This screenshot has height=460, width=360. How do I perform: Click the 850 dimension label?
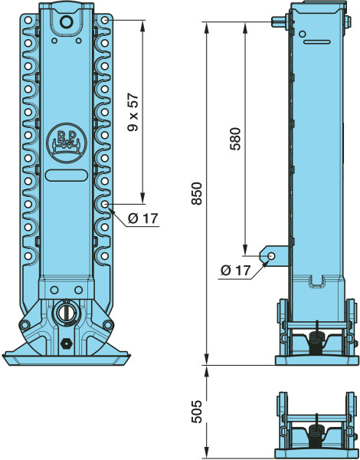197,193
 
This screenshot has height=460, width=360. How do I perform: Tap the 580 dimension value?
235,139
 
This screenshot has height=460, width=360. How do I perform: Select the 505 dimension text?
197,411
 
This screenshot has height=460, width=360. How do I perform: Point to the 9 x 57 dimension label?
133,112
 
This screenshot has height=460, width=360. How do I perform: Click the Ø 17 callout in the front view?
143,219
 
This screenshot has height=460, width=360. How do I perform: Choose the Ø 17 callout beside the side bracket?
236,270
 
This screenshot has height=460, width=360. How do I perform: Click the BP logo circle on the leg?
67,143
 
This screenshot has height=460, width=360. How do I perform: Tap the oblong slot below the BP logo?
67,175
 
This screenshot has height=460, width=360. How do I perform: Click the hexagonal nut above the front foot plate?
65,343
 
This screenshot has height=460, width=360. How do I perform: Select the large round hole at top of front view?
66,21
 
